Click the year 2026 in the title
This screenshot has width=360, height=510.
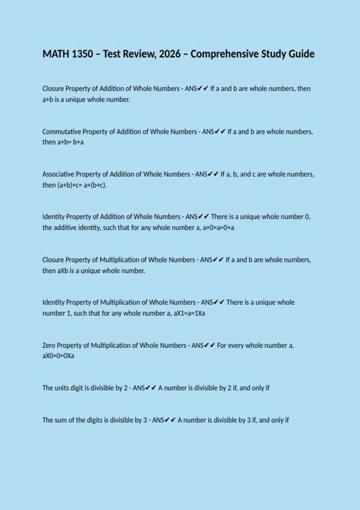(x=170, y=54)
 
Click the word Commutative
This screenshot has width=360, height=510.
(x=61, y=132)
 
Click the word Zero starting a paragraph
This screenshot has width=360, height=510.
(x=49, y=345)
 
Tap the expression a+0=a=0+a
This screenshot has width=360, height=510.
(x=218, y=228)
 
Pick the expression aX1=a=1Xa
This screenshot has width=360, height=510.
(x=189, y=313)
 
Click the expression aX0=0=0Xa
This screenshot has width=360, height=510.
(x=58, y=356)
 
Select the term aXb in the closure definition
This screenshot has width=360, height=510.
(x=63, y=271)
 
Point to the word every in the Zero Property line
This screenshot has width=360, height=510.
(x=236, y=346)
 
